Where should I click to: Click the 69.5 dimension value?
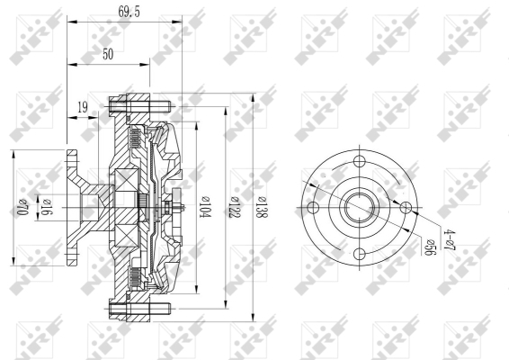coord(129,12)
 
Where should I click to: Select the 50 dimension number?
coord(108,54)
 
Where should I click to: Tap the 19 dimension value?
coord(83,107)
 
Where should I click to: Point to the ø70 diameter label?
coord(22,207)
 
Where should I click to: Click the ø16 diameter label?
coord(46,207)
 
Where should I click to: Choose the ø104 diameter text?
coord(206,207)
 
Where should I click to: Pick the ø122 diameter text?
coord(234,207)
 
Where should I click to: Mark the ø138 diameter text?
coord(262,207)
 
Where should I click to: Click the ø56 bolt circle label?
coord(430,247)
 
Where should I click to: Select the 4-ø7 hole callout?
coord(451,239)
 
